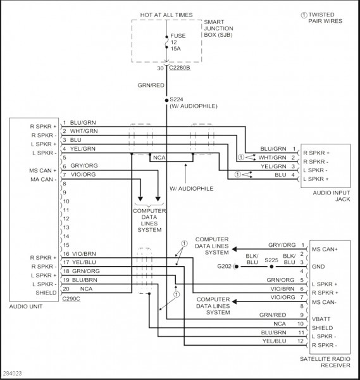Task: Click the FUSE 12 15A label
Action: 178,42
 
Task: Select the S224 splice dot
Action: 166,100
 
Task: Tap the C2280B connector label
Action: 180,68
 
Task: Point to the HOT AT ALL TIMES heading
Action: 166,15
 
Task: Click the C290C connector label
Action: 71,298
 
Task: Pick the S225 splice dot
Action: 271,267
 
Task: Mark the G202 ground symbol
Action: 235,267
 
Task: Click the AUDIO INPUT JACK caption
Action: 332,196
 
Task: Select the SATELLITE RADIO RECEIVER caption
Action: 325,362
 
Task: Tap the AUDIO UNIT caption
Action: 26,307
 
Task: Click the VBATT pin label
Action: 321,319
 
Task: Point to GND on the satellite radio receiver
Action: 318,267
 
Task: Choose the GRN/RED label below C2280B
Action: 151,85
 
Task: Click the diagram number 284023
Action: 13,374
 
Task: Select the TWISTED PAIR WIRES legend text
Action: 325,18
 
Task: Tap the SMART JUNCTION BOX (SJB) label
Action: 218,28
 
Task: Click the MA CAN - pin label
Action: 43,180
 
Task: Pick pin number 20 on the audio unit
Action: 66,289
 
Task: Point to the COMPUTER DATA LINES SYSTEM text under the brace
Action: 149,220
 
